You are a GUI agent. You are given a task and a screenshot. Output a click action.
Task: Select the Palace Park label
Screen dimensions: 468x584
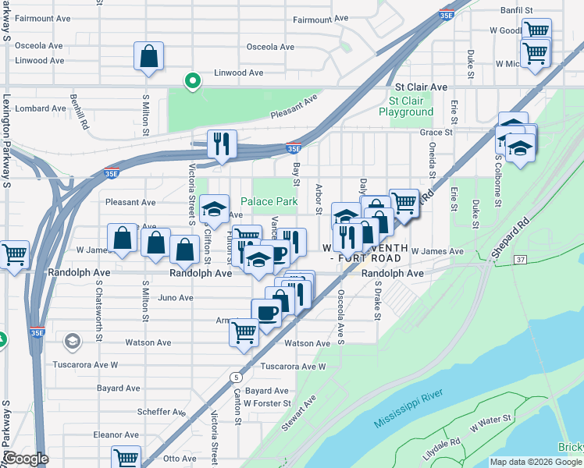(269, 201)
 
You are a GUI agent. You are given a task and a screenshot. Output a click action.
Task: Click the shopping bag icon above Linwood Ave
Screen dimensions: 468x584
(148, 57)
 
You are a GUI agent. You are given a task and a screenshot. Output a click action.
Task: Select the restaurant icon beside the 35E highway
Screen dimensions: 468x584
(222, 144)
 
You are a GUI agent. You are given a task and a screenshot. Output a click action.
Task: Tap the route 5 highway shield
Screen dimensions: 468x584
(235, 378)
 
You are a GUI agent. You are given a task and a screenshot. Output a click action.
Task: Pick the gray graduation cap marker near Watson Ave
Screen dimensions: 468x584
(73, 342)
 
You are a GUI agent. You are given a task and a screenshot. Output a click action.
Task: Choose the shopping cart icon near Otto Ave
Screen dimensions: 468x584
(126, 458)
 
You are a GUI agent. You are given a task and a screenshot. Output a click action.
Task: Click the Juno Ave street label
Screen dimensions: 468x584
(176, 298)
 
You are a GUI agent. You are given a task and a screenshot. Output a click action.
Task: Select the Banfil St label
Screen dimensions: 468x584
(517, 10)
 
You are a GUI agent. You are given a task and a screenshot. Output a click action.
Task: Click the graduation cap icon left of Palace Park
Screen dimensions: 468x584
(214, 209)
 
